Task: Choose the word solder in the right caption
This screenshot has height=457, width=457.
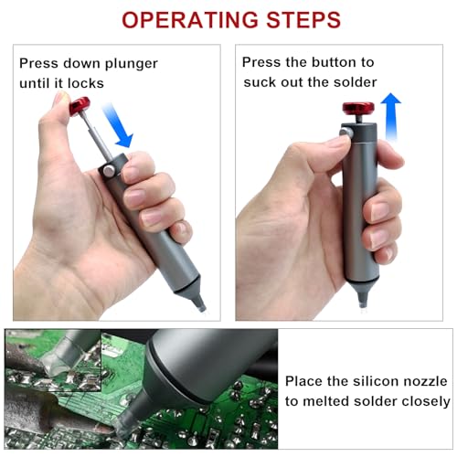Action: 356,83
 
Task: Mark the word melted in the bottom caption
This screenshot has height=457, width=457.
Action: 324,401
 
